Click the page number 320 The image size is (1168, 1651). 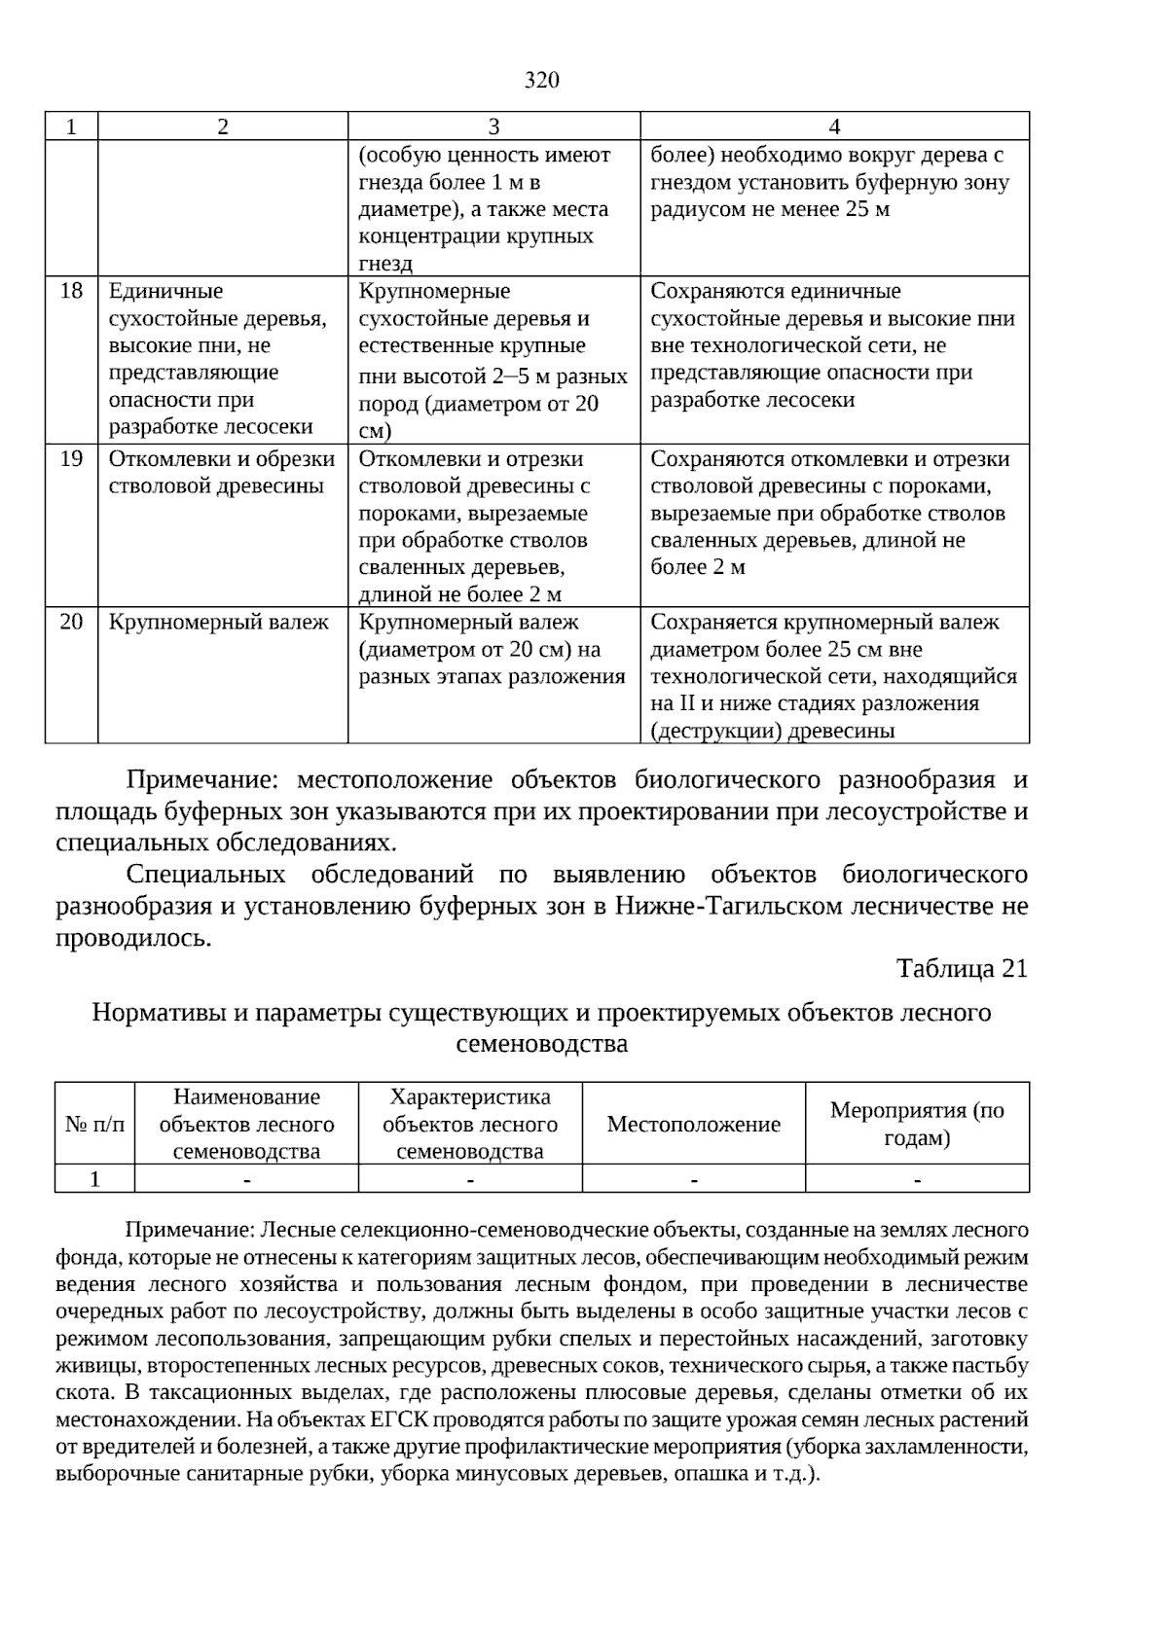pyautogui.click(x=541, y=80)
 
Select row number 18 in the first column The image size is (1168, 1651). pyautogui.click(x=71, y=291)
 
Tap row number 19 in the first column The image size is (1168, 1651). pyautogui.click(x=71, y=458)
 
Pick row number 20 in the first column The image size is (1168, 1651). pyautogui.click(x=71, y=622)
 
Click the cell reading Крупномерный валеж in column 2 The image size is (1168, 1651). pyautogui.click(x=218, y=622)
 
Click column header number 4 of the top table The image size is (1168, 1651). pyautogui.click(x=834, y=126)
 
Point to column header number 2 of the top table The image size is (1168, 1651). pyautogui.click(x=223, y=126)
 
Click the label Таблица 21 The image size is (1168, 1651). pyautogui.click(x=961, y=969)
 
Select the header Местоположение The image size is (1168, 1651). pyautogui.click(x=693, y=1125)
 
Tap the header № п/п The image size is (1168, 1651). pyautogui.click(x=94, y=1125)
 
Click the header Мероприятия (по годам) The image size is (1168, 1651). pyautogui.click(x=917, y=1125)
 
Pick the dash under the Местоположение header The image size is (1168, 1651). pyautogui.click(x=693, y=1180)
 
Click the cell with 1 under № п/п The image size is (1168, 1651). pyautogui.click(x=94, y=1179)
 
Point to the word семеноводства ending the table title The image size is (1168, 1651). pyautogui.click(x=541, y=1044)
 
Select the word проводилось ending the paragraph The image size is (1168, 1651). pyautogui.click(x=132, y=938)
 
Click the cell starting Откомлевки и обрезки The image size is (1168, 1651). pyautogui.click(x=221, y=472)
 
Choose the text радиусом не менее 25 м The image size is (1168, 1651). pyautogui.click(x=769, y=209)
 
